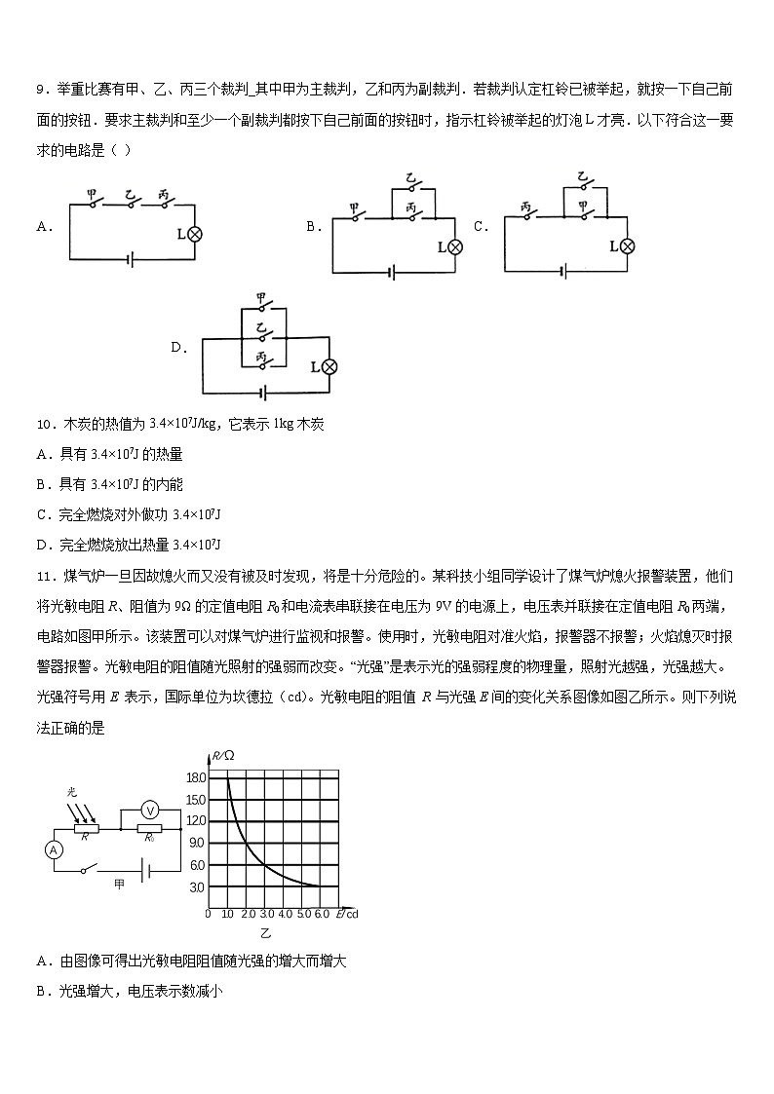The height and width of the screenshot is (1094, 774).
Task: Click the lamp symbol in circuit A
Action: tap(194, 233)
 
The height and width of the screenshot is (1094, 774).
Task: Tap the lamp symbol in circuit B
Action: tap(454, 247)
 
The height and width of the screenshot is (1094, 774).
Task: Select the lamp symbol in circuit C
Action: tap(628, 245)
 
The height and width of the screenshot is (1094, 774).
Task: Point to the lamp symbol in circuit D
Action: tap(329, 366)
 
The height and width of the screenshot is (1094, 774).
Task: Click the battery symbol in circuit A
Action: tap(131, 259)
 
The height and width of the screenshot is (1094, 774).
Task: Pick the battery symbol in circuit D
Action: tap(262, 392)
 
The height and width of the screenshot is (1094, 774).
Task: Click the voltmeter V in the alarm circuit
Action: tap(150, 809)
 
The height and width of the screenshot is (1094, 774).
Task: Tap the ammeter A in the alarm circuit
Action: tap(55, 849)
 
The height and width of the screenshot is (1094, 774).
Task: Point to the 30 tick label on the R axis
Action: tap(197, 887)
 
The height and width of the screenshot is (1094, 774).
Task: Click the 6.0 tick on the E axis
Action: tap(321, 915)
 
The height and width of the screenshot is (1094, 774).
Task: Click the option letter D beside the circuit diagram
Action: tap(177, 347)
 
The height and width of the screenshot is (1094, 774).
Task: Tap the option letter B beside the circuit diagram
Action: tap(313, 226)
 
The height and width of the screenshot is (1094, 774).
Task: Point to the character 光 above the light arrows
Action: tap(72, 792)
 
